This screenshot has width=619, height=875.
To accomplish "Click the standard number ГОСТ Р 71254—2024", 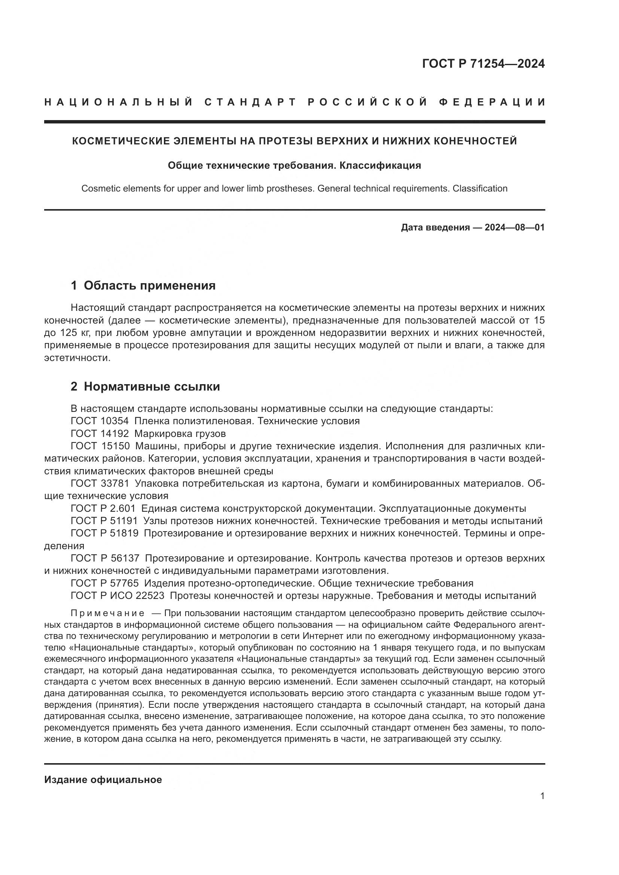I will pyautogui.click(x=483, y=64).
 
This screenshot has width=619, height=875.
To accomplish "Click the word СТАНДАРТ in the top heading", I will pyautogui.click(x=250, y=102).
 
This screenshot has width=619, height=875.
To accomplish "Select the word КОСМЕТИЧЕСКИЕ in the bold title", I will pyautogui.click(x=121, y=141).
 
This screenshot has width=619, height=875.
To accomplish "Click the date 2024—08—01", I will pyautogui.click(x=515, y=228).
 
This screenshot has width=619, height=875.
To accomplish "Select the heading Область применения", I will pyautogui.click(x=149, y=285).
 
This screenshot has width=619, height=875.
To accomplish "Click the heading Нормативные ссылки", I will pyautogui.click(x=152, y=387).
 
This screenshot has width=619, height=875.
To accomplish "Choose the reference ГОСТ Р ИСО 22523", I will pyautogui.click(x=118, y=596).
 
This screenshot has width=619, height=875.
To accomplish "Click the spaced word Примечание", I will pyautogui.click(x=107, y=613).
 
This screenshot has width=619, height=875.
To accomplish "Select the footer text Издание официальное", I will pyautogui.click(x=103, y=780).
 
